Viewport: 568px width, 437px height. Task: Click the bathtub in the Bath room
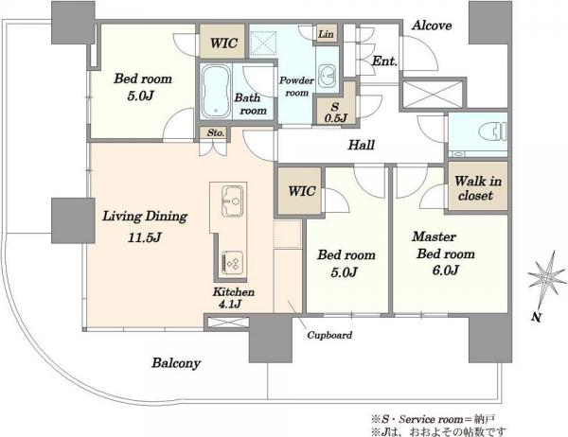216,91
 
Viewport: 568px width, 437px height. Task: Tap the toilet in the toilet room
493,131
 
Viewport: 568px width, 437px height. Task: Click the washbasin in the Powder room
328,74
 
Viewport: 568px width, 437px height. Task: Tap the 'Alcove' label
432,26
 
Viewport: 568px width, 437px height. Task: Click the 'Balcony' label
176,363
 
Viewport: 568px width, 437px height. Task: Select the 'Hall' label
362,145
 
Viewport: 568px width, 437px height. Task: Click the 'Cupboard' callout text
329,335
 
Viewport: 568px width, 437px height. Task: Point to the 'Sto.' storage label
216,132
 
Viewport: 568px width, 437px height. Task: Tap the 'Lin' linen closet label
326,34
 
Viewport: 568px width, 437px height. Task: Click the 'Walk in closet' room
477,186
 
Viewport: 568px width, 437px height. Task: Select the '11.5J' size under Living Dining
144,237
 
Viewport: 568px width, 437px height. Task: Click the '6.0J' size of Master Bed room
446,271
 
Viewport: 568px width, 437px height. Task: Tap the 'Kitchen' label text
233,292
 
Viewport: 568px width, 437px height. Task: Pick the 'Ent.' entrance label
384,61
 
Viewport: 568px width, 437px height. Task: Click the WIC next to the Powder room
223,42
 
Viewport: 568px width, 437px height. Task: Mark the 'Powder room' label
296,86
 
